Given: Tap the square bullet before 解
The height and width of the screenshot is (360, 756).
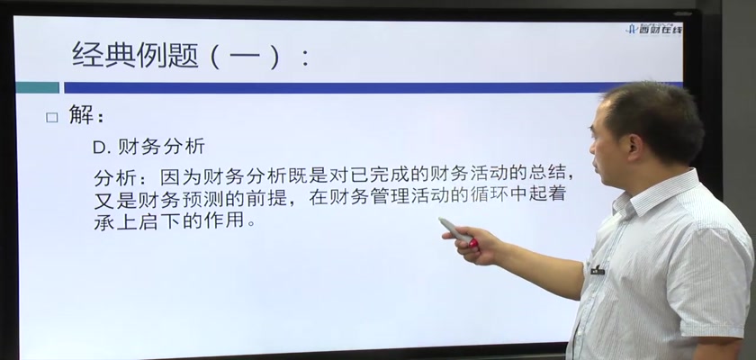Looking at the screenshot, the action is pyautogui.click(x=51, y=118).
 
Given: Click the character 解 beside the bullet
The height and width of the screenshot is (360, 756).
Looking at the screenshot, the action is pyautogui.click(x=80, y=114).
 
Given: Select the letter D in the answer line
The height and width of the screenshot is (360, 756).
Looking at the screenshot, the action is pyautogui.click(x=99, y=147).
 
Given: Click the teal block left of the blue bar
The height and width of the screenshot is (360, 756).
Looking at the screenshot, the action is pyautogui.click(x=38, y=87).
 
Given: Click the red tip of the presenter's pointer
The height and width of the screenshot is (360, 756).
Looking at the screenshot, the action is pyautogui.click(x=474, y=244).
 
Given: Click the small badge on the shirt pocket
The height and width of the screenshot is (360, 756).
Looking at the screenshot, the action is pyautogui.click(x=597, y=271).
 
